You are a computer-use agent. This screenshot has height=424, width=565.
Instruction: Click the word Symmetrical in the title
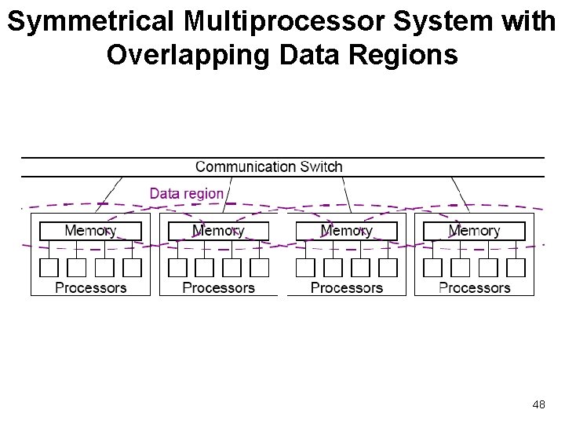coord(90,22)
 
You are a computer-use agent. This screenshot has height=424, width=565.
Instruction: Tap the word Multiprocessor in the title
coord(284,22)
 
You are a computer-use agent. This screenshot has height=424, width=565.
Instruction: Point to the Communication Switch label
coord(269,167)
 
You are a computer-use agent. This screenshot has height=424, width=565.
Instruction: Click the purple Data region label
coord(187,194)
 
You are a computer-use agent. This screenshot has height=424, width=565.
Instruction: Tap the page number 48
coord(538,404)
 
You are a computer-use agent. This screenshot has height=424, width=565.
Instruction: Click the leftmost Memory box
coord(90,231)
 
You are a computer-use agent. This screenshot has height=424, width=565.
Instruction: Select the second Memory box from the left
coord(218,231)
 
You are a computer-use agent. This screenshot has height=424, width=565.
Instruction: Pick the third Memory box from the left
coord(347,231)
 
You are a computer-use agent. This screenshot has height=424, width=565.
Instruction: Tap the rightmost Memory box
coord(474,231)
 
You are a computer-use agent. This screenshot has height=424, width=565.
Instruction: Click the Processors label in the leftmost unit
coord(91,287)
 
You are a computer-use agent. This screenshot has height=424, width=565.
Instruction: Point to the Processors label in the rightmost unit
coord(475,287)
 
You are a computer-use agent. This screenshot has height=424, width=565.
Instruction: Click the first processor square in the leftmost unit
coord(49,268)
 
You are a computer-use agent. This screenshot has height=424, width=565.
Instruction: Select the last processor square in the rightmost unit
coord(516,268)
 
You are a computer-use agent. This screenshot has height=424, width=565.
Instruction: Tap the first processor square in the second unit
coord(177,268)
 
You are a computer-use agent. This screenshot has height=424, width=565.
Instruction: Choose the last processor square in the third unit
coord(388,268)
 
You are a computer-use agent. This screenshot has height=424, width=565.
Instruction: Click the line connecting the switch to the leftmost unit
coord(109,195)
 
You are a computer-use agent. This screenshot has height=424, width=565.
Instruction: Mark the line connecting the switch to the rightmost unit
coord(461,195)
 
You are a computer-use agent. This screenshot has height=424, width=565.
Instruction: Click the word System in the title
coord(443,22)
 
